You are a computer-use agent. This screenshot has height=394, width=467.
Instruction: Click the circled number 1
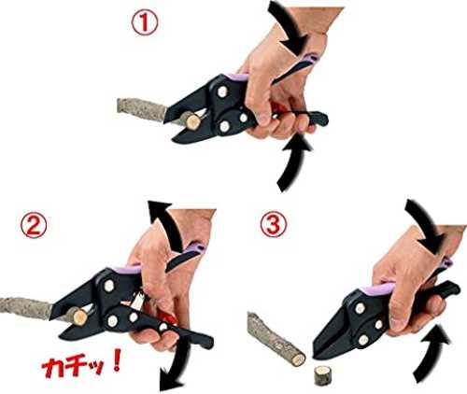click(145, 23)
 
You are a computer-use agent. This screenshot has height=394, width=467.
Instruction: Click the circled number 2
click(34, 225)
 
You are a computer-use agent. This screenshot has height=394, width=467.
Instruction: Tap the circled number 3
click(273, 224)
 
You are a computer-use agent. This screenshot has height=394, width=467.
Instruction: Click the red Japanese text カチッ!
click(81, 366)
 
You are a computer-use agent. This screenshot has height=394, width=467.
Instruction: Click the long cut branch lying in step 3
click(276, 339)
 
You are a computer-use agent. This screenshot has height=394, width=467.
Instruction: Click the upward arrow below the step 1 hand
click(292, 163)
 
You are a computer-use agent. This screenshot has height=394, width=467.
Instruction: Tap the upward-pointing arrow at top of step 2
click(166, 222)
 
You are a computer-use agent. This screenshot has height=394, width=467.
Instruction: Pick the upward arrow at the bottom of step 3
click(431, 353)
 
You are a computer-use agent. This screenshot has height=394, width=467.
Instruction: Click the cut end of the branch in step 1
click(191, 120)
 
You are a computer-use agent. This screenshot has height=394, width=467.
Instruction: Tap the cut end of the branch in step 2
click(79, 317)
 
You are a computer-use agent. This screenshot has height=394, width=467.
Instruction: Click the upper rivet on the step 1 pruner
click(222, 91)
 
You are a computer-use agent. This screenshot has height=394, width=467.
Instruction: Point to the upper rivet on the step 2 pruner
click(109, 286)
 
